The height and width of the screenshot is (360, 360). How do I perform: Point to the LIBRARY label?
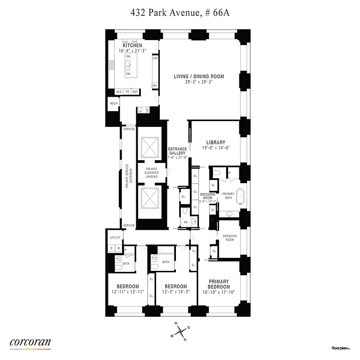216,143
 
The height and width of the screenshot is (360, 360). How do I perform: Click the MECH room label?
113,103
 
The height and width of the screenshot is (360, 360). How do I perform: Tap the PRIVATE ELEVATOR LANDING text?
151,173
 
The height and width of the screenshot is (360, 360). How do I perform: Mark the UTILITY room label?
115,238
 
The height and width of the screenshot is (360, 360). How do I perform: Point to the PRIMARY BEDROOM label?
219,284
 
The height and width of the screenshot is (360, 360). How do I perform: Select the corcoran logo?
30,342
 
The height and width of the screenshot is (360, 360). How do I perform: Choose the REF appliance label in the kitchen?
135,92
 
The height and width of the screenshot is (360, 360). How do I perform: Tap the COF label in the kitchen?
155,58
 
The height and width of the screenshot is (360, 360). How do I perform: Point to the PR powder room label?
185,222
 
